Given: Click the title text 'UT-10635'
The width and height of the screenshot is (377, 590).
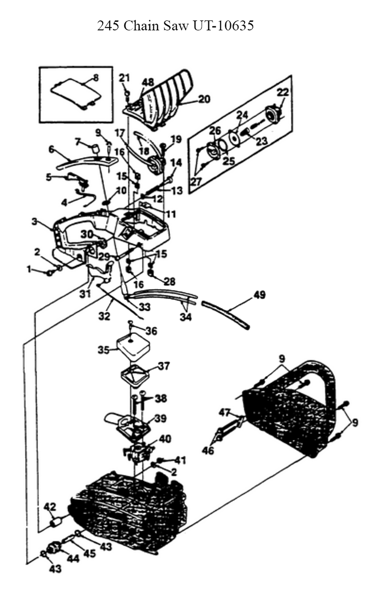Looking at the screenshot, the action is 224,26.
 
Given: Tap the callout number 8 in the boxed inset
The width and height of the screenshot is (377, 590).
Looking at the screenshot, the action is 96,78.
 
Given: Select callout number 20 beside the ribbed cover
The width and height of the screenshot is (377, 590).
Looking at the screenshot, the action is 204,99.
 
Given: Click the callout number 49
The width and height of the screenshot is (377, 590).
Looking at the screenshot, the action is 259,295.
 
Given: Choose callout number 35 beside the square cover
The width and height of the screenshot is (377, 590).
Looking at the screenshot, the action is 104,350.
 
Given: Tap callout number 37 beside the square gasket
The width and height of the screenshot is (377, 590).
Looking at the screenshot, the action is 164,366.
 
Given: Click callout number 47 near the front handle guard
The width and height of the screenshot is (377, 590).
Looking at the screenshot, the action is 224,412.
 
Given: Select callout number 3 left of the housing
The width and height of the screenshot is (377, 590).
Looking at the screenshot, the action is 35,222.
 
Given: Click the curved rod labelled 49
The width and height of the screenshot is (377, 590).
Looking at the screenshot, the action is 225,315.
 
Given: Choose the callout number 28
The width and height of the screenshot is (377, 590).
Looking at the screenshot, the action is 170,282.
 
